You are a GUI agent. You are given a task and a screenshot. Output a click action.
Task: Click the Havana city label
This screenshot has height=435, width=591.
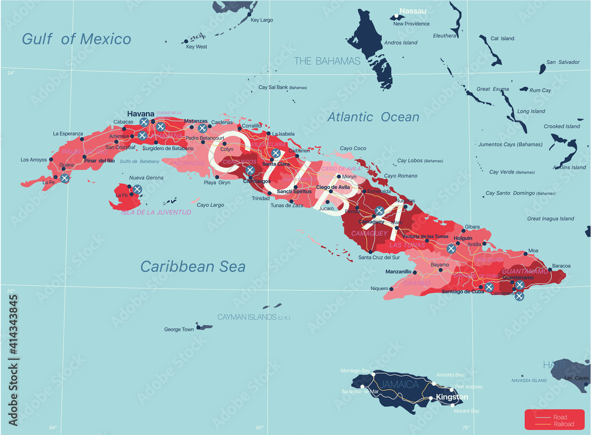point(140,113)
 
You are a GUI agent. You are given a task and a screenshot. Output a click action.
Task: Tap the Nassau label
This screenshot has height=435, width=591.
point(413,11)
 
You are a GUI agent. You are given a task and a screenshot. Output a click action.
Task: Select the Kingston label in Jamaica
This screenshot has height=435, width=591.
point(452,397)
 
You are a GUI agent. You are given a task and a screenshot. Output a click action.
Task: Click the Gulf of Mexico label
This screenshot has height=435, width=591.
point(76,40)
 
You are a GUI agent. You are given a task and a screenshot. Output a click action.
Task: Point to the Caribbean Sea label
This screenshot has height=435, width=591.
point(193,267)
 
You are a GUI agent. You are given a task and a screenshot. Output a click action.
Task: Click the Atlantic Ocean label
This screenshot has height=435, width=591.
point(373,117)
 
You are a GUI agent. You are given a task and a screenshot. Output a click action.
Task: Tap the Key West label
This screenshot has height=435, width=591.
point(196,47)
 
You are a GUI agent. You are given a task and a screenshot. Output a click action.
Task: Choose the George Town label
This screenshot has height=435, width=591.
point(178,329)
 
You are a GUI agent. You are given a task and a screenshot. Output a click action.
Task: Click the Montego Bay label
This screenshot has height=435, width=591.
point(355,371)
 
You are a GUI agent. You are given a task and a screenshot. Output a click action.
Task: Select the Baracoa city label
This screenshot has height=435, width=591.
point(561,266)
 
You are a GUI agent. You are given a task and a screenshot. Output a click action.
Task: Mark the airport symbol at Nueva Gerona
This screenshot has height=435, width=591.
point(137,189)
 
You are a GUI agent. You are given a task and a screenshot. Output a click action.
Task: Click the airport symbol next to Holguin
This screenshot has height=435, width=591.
point(452,249)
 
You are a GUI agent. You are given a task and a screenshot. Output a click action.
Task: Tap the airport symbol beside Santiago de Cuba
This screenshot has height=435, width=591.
point(489,287)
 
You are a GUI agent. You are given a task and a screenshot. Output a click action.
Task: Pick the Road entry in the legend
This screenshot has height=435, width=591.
point(559,417)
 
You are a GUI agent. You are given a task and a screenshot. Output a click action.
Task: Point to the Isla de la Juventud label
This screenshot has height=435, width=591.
point(156,212)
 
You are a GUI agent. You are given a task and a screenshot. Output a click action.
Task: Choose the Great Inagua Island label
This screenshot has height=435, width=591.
point(550,219)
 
